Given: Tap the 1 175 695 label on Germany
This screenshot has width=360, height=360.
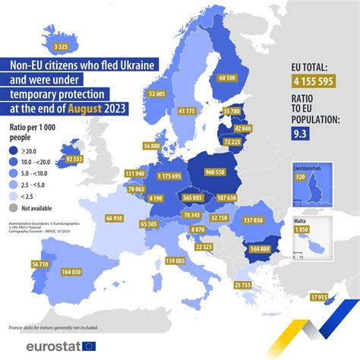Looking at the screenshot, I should click(165, 176).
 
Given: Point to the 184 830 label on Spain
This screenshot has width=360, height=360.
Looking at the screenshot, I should click(71, 271).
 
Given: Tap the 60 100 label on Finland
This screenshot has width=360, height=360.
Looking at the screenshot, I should click(227, 77).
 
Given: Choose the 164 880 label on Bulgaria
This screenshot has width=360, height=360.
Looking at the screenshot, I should click(260, 248).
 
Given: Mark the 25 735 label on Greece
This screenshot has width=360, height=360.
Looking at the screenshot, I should click(243, 284).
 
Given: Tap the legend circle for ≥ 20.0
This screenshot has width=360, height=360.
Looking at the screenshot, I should click(13, 153).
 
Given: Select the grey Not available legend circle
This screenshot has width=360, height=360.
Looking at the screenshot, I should click(13, 208).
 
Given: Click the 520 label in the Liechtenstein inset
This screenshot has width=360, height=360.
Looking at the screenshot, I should click(307, 177).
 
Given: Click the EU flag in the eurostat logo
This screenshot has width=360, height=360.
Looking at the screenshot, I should click(90, 346).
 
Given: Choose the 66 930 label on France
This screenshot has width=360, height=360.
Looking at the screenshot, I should click(114, 218).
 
